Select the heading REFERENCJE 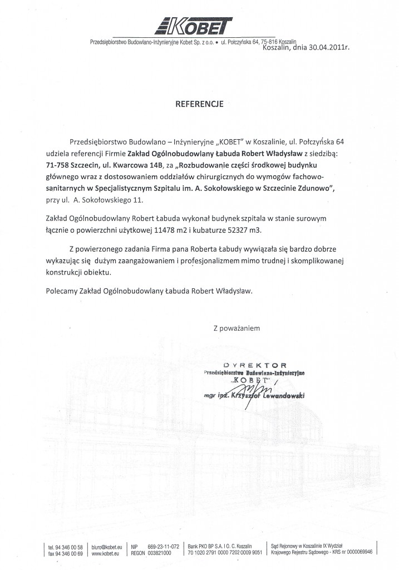(200, 104)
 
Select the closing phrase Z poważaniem (237, 328)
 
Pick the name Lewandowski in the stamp (280, 395)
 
